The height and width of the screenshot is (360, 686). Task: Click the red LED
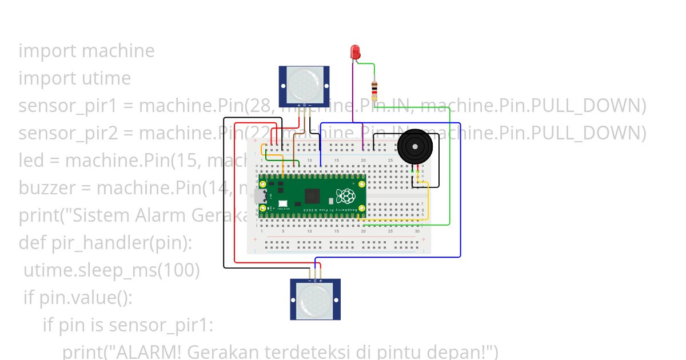pyautogui.click(x=354, y=52)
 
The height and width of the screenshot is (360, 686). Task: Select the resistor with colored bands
pyautogui.click(x=374, y=90)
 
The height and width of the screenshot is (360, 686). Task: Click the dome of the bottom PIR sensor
pyautogui.click(x=315, y=300)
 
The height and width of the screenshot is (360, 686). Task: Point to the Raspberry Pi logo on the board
pyautogui.click(x=345, y=196)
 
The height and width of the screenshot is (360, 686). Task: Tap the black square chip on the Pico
pyautogui.click(x=313, y=196)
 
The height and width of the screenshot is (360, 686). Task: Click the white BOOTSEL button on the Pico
pyautogui.click(x=282, y=203)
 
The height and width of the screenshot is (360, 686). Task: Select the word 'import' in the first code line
pyautogui.click(x=47, y=51)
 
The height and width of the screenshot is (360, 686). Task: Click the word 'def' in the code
pyautogui.click(x=32, y=243)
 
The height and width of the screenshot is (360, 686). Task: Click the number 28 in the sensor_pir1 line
pyautogui.click(x=260, y=106)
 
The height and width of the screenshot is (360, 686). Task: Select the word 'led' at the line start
pyautogui.click(x=32, y=161)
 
